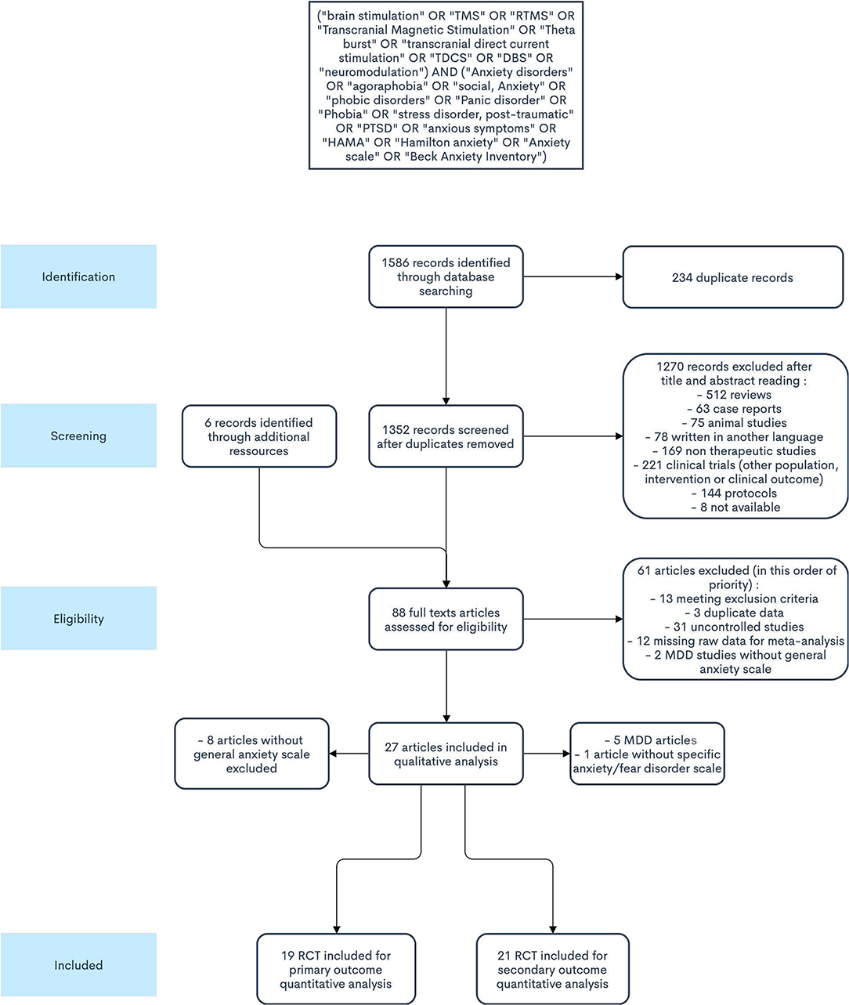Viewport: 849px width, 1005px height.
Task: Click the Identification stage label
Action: pos(78,277)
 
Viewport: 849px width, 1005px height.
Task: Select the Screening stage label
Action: pos(78,436)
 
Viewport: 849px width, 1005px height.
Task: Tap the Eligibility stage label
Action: pos(78,618)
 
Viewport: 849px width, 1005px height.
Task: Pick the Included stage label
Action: pos(78,965)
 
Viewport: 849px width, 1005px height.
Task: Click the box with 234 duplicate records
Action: pos(732,277)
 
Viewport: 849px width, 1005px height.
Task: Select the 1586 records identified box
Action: pos(446,277)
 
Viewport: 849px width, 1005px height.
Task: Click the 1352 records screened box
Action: pos(446,436)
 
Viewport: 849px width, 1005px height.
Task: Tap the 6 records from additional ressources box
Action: pos(258,436)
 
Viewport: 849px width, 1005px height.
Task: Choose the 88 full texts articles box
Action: pos(446,619)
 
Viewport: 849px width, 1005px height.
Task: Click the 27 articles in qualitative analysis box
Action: pos(446,754)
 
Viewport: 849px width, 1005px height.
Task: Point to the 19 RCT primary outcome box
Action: pos(336,969)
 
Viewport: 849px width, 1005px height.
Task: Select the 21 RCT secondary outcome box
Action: pos(552,969)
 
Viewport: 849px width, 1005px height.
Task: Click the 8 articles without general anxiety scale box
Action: pos(251,754)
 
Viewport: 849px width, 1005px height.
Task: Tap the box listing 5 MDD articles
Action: pos(647,754)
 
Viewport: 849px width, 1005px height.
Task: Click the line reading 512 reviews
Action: pos(735,395)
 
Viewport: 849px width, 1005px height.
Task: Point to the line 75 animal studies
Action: pos(735,423)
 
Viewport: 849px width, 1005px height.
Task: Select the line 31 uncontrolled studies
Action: pos(735,627)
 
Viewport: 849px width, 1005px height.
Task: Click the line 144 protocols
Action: pos(735,493)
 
